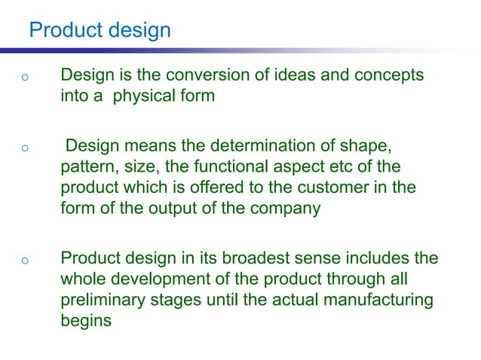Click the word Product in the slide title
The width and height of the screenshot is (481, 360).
pyautogui.click(x=63, y=30)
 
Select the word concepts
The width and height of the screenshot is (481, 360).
pyautogui.click(x=383, y=76)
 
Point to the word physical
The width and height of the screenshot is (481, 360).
pyautogui.click(x=143, y=96)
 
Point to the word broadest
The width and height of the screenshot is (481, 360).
pyautogui.click(x=258, y=259)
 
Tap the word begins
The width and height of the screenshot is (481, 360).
pyautogui.click(x=85, y=319)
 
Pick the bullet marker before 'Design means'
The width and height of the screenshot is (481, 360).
pyautogui.click(x=25, y=148)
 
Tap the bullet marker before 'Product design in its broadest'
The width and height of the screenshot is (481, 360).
pyautogui.click(x=25, y=261)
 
